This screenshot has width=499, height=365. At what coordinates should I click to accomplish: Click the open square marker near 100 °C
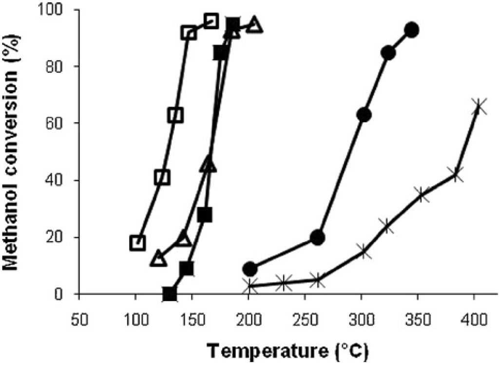pyautogui.click(x=138, y=243)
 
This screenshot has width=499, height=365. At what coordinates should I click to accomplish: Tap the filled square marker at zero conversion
pyautogui.click(x=170, y=294)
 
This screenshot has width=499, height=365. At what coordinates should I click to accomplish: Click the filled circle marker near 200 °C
pyautogui.click(x=250, y=269)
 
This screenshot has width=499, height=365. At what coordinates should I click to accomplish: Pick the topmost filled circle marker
pyautogui.click(x=412, y=30)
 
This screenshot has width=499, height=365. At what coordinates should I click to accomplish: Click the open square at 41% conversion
pyautogui.click(x=163, y=177)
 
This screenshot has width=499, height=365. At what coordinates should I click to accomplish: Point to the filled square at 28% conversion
pyautogui.click(x=205, y=215)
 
